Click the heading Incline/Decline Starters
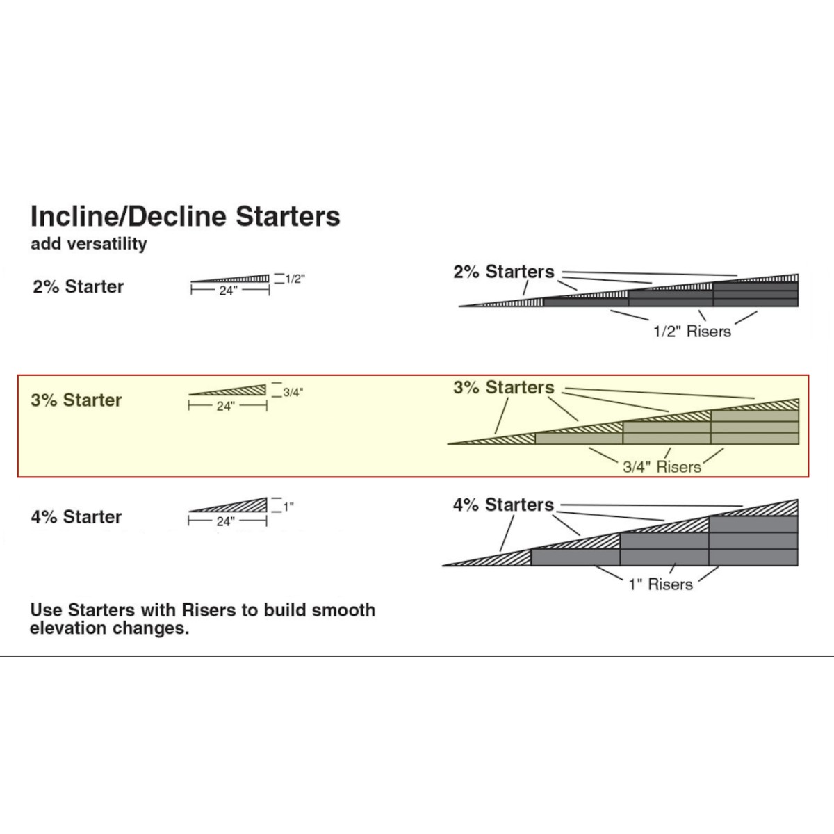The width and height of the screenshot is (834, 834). (185, 216)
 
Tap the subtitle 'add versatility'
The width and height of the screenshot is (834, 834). (88, 244)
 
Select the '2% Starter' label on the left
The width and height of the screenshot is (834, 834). (78, 286)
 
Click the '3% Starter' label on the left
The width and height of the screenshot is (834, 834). (76, 400)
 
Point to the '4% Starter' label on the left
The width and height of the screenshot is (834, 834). (76, 517)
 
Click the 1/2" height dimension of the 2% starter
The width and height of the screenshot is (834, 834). (295, 279)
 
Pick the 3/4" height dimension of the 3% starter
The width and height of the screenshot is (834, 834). (293, 392)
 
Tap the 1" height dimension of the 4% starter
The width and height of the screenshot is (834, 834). (288, 507)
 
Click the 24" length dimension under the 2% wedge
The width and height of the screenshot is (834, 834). (228, 291)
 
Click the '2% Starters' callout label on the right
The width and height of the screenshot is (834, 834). (504, 272)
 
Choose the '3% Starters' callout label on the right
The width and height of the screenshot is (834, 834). (504, 387)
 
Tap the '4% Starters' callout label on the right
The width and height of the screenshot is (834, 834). (504, 505)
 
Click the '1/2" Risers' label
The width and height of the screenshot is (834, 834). (692, 332)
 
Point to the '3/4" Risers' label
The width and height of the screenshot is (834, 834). (662, 467)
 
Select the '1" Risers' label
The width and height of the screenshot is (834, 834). (661, 584)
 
